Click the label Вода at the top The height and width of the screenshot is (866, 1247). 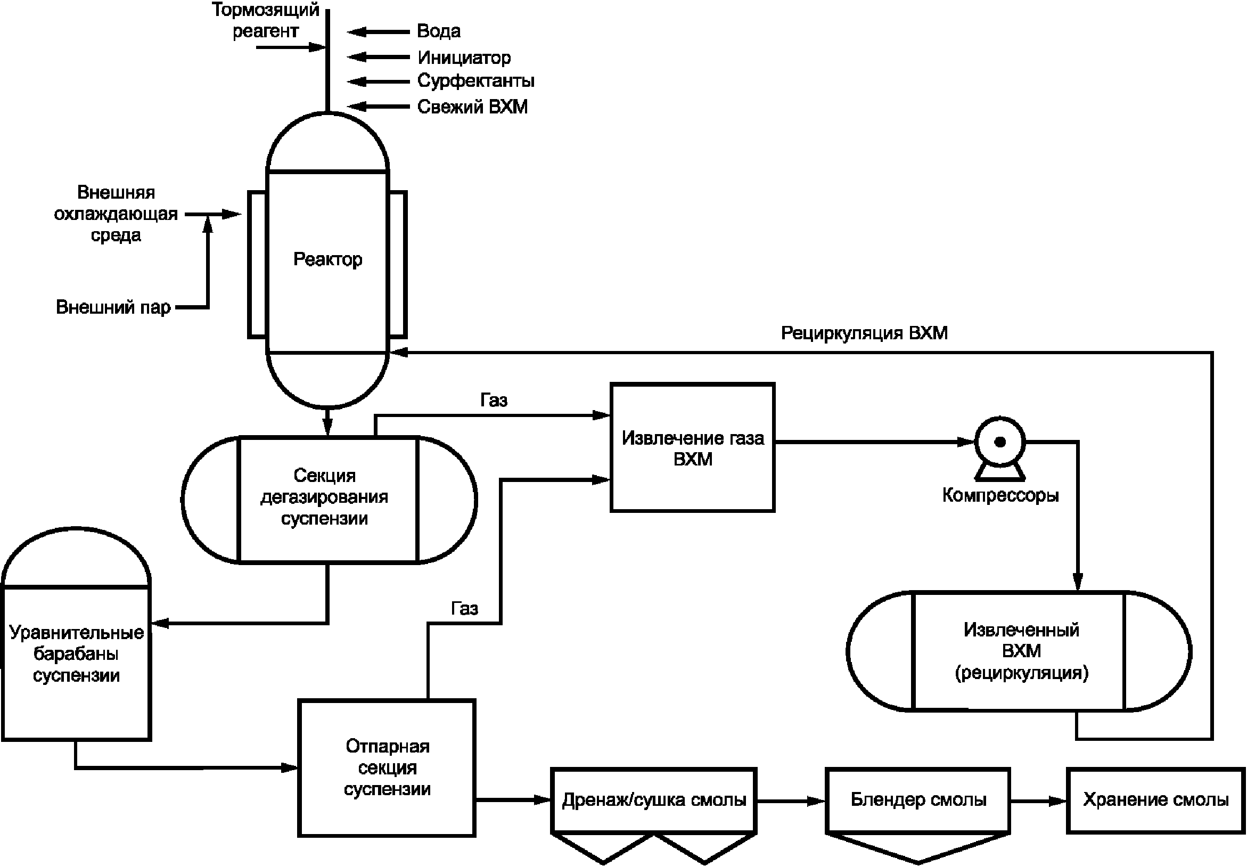pos(438,31)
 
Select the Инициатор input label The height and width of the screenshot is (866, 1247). pos(464,57)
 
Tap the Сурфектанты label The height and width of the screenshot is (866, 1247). pos(475,81)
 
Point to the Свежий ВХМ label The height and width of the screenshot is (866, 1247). pos(472,107)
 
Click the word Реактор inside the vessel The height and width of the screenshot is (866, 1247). pos(327,259)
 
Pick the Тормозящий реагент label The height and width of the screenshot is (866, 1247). pos(266,20)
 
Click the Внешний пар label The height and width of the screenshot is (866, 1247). pos(113,307)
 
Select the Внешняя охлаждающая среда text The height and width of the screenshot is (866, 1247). pos(116,214)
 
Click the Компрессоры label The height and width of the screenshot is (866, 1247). pos(1000,495)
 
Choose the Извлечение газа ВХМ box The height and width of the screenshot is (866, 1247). pos(692,448)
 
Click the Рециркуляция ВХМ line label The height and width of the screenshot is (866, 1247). pos(864,333)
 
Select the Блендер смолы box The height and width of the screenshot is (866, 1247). pos(918,799)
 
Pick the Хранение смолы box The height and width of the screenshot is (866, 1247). pos(1155,799)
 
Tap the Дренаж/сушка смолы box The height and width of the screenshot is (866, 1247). pos(654,800)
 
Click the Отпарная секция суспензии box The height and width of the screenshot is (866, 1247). pos(387,767)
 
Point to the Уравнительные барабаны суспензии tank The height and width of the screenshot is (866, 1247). pos(76,654)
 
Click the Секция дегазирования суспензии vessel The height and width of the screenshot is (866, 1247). pos(324,497)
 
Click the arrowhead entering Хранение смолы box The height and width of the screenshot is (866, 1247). pos(1057,800)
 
